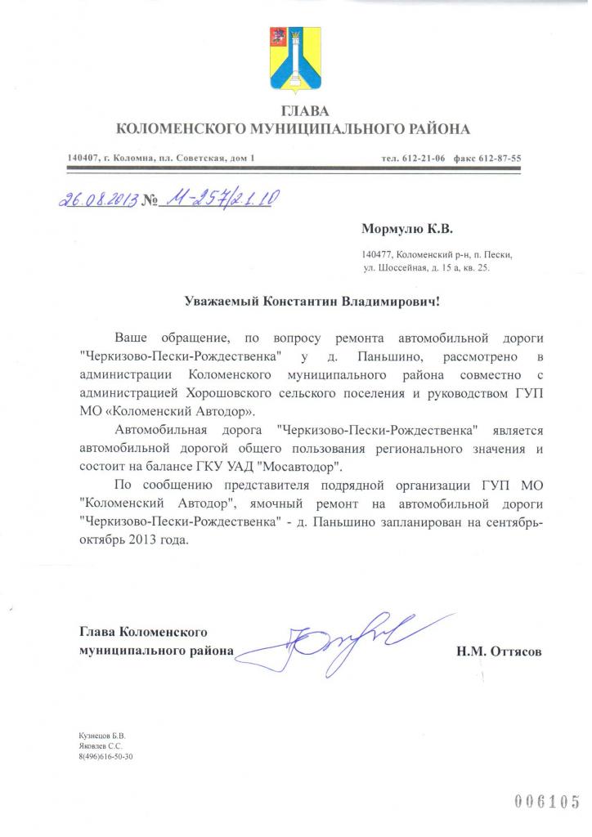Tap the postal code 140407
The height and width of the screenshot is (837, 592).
[83, 158]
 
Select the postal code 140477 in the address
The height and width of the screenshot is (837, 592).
[379, 255]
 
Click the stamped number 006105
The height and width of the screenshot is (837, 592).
[547, 800]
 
